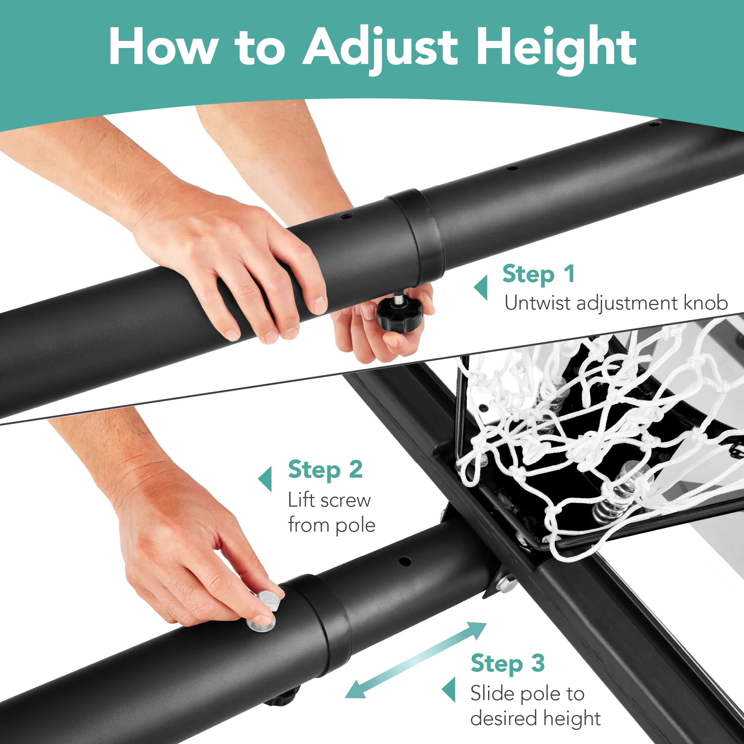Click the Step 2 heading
(x=325, y=471)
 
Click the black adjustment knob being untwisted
(x=399, y=314)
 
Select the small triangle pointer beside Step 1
(x=481, y=287)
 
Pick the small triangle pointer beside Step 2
(x=265, y=480)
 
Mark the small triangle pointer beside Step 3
(x=449, y=689)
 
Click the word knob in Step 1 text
(x=706, y=303)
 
